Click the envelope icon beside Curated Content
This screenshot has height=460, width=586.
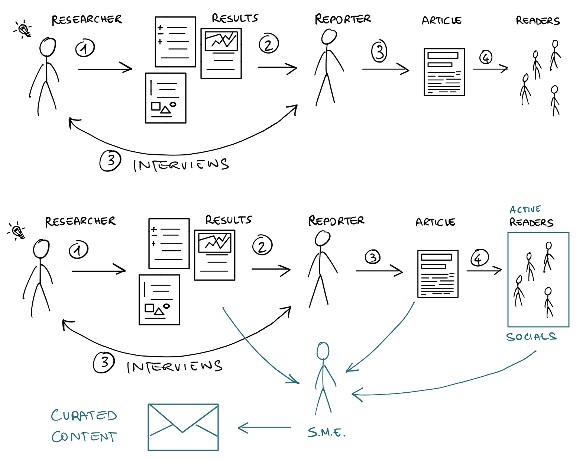coord(183,427)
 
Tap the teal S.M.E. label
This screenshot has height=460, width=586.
coord(326,432)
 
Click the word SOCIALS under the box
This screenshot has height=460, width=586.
coord(531,337)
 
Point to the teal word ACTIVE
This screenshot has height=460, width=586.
coord(525,209)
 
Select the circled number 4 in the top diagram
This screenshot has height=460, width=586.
coord(486,57)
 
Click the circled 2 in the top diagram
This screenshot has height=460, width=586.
coord(269,44)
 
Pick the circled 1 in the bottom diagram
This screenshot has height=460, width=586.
coord(78,250)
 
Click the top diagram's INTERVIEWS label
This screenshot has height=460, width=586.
coord(181,165)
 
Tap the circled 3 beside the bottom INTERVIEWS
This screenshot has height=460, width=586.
coord(104,362)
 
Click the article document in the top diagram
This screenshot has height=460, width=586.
coord(444,72)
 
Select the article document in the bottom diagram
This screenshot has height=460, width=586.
coord(438,274)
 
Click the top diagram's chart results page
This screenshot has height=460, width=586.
coord(221,53)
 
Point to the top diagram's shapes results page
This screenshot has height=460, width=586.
coord(166,98)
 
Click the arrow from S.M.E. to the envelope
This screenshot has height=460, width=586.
coord(264,428)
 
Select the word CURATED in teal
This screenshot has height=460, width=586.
coord(84,415)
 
